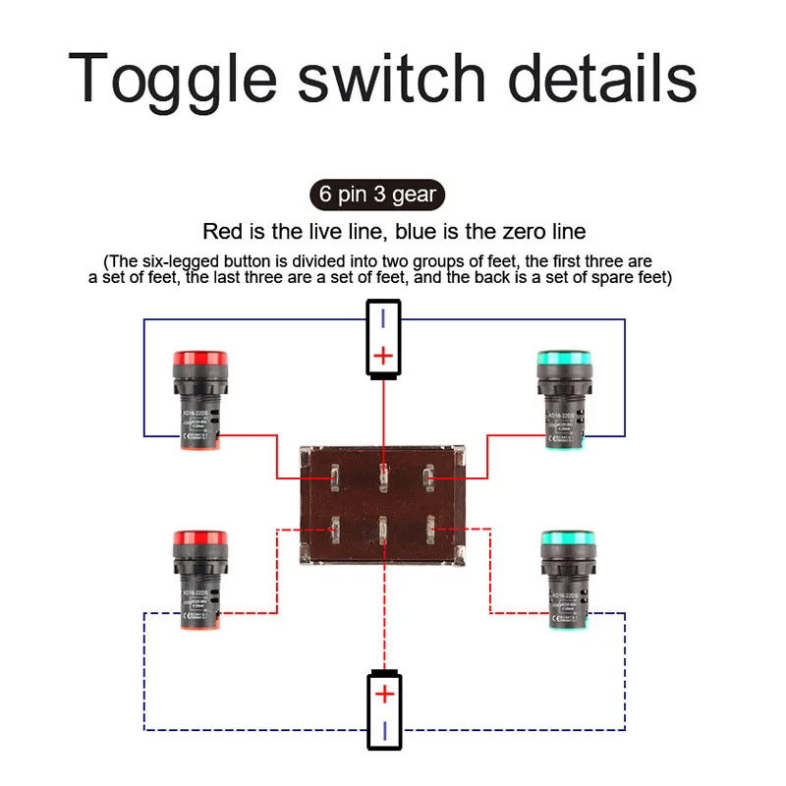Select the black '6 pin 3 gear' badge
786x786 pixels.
(374, 194)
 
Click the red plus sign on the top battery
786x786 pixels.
(384, 355)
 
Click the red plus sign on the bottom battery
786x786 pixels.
(384, 695)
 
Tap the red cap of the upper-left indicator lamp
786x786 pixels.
(199, 361)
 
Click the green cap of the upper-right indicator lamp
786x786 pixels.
(564, 361)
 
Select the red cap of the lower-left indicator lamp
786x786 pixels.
(199, 541)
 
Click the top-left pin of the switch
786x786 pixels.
(335, 478)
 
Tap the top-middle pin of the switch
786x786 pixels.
(384, 478)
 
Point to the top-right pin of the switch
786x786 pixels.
(429, 478)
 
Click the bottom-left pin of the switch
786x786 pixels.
(335, 532)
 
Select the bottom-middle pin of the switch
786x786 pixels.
(384, 532)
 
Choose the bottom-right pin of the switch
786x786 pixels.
(430, 532)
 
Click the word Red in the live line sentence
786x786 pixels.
(221, 232)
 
